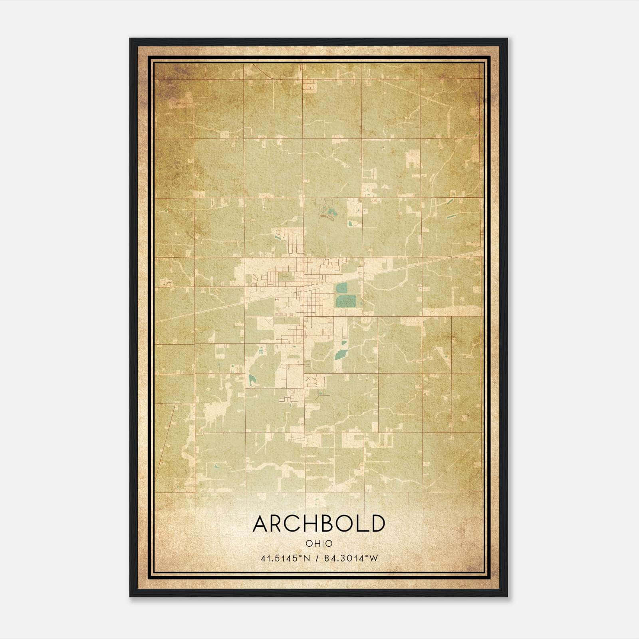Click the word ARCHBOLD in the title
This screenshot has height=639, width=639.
[319, 524]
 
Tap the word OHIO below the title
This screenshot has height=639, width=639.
[319, 543]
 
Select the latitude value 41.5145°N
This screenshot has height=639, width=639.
[284, 558]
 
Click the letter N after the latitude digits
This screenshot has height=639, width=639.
[307, 558]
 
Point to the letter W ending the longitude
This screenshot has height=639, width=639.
[374, 558]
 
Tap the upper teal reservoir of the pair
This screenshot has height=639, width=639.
[341, 288]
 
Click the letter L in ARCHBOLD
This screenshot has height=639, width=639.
[361, 524]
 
